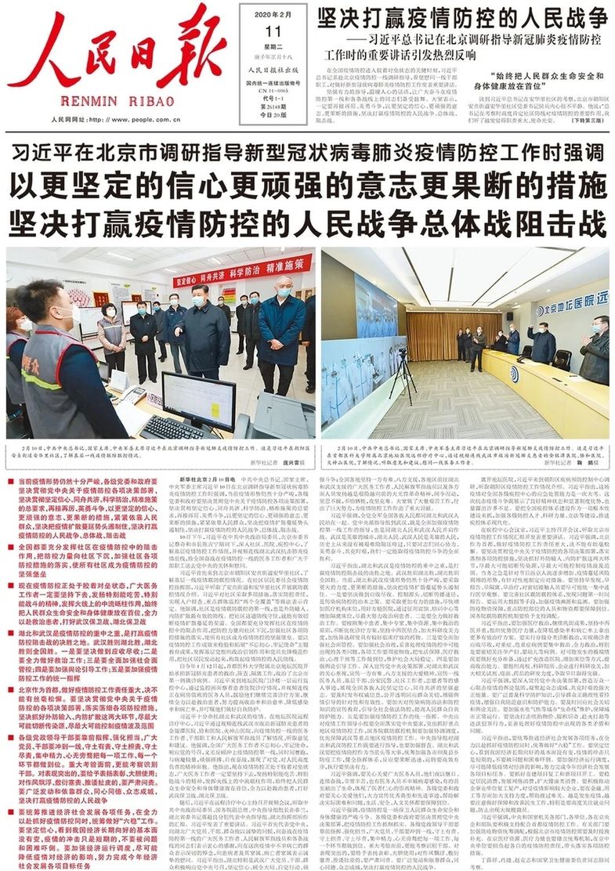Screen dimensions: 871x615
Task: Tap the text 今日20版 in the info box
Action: coord(273,112)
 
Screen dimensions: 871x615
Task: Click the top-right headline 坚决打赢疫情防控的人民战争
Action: coord(462,16)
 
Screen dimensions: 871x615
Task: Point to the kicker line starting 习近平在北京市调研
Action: coord(307,152)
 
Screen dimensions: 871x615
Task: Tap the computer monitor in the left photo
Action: coord(197,398)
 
